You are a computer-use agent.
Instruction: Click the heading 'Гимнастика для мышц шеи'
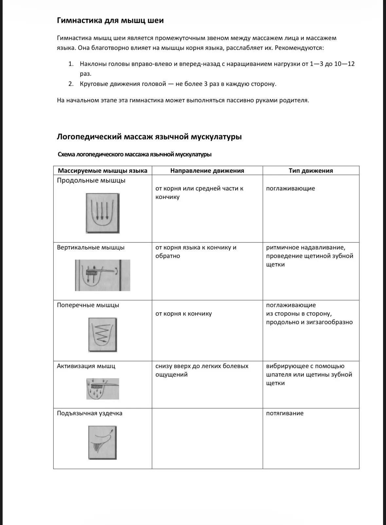pos(110,21)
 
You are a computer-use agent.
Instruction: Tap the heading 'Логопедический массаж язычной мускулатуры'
pos(149,137)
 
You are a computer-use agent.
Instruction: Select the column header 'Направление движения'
pos(207,170)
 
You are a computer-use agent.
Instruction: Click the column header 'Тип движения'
pos(311,170)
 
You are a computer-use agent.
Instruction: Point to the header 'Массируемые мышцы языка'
pos(102,170)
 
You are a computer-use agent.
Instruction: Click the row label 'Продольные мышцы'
pos(91,180)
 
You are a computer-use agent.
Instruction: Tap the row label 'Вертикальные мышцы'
pos(91,247)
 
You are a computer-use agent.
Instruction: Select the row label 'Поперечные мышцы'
pos(88,305)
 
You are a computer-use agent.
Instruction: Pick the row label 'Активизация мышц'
pos(86,366)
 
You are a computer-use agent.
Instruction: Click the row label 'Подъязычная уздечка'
pos(90,413)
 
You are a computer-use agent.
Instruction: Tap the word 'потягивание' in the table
pos(285,413)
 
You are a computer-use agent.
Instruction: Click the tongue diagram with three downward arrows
pos(103,213)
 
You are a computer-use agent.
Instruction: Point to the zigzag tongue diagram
pos(102,335)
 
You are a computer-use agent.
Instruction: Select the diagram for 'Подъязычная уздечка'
pos(102,443)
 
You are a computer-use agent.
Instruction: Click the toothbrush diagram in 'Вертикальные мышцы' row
pos(102,275)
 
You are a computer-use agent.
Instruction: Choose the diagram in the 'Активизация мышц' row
pos(102,389)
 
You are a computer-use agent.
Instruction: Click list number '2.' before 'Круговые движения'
pos(71,84)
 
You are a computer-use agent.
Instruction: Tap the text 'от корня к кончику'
pos(184,314)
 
